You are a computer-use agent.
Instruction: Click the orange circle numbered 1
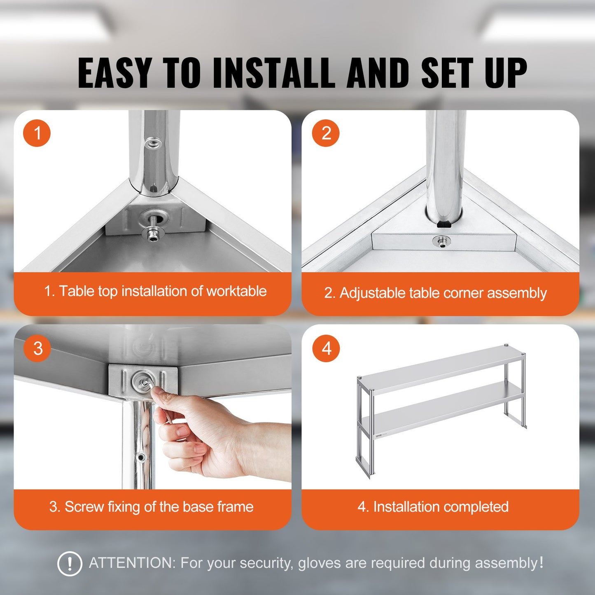tap(37, 133)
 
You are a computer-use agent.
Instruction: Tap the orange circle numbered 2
tap(326, 133)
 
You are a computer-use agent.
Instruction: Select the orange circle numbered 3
tap(37, 348)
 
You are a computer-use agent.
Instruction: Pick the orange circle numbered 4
tap(326, 348)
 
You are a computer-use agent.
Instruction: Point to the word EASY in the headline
tap(114, 73)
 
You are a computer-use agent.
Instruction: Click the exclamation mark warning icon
tap(70, 563)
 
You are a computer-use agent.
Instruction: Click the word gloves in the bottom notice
tap(320, 563)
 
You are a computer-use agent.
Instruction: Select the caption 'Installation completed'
tap(441, 507)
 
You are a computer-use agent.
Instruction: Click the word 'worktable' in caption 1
tap(236, 291)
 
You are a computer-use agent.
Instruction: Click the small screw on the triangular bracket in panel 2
tap(441, 242)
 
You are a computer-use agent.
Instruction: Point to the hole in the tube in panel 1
tap(153, 144)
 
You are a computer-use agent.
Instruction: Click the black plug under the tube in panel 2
tap(443, 224)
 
